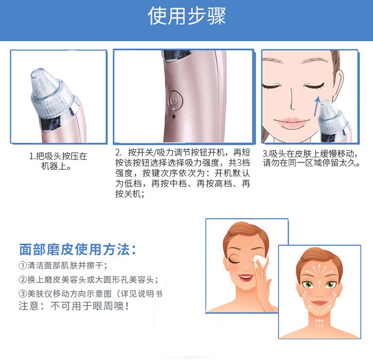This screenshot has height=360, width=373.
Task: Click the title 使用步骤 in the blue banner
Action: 186,16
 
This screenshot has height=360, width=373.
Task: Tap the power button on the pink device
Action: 175,100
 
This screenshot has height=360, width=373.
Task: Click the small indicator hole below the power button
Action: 174,117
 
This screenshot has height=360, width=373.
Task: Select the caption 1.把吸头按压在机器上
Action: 58,161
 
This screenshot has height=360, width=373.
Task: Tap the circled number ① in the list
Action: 23,265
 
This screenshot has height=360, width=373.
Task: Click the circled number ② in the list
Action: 23,279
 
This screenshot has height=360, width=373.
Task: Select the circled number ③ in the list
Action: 23,294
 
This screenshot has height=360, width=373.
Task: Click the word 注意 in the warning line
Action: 28,306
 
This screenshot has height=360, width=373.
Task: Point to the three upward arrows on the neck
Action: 319,323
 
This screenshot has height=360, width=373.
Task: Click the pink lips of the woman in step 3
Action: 291,122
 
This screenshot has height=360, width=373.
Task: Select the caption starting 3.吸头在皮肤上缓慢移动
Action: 311,158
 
